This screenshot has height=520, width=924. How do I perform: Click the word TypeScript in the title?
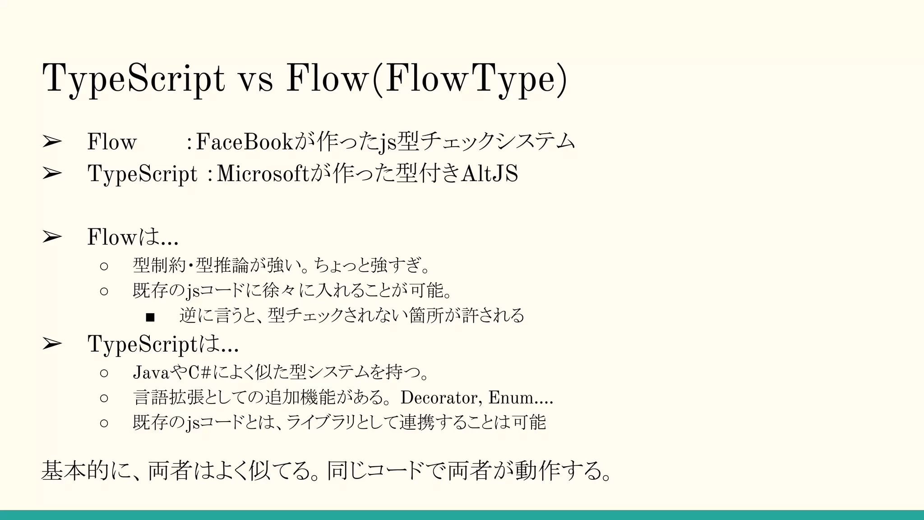pyautogui.click(x=133, y=79)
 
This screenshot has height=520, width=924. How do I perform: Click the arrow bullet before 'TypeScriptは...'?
pyautogui.click(x=52, y=344)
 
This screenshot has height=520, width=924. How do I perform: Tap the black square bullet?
pyautogui.click(x=150, y=317)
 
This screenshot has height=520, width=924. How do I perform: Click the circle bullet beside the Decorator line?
pyautogui.click(x=104, y=398)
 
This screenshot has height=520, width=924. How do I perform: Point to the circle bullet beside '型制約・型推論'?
pyautogui.click(x=104, y=266)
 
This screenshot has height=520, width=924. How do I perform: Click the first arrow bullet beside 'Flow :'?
pyautogui.click(x=52, y=142)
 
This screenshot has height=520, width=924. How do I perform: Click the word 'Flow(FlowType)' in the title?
pyautogui.click(x=426, y=79)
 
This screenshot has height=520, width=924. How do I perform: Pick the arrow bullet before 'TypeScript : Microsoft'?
pyautogui.click(x=52, y=174)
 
